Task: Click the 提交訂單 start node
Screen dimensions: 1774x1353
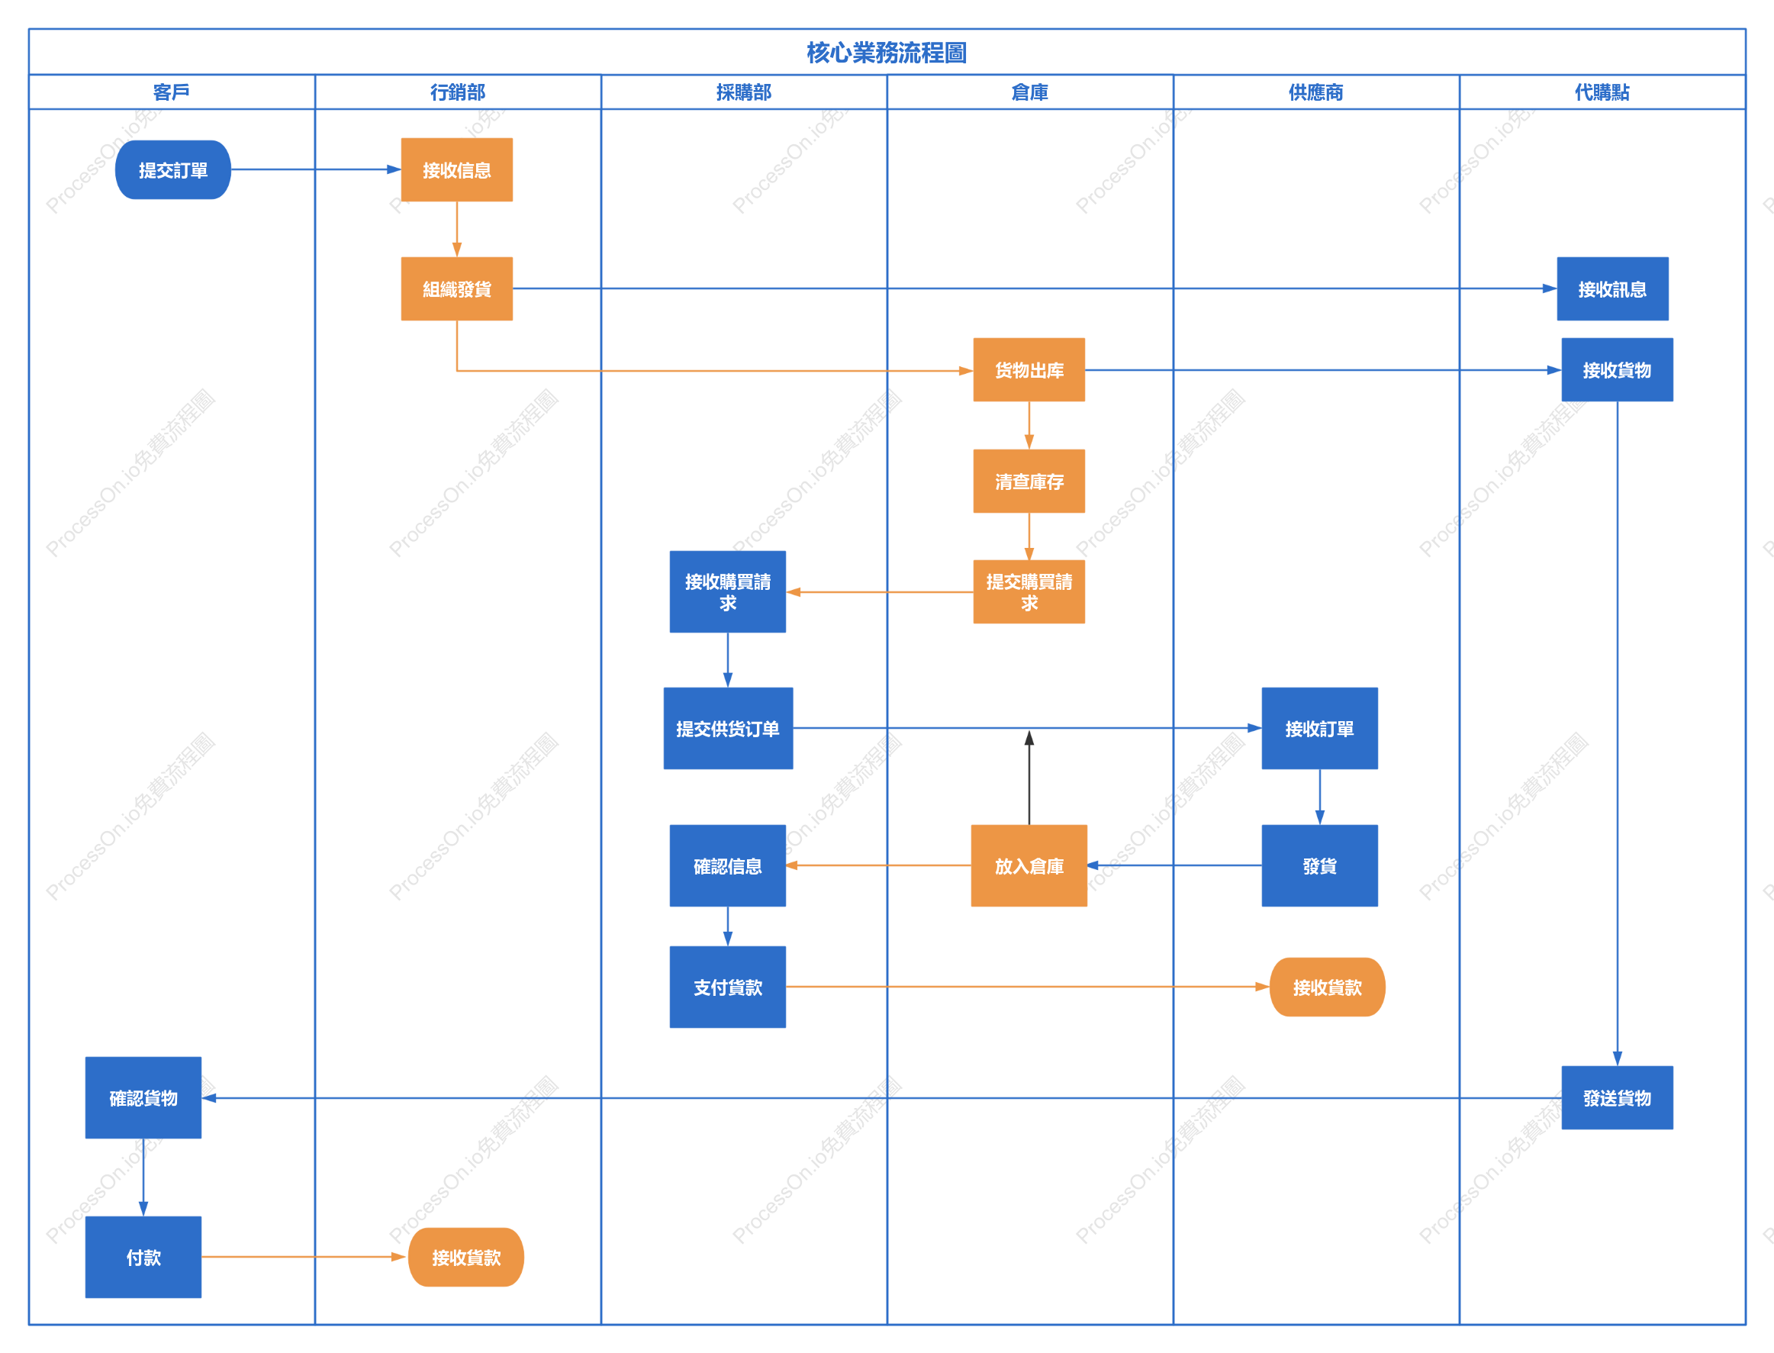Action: [x=173, y=170]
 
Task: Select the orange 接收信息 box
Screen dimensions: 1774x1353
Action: [x=456, y=170]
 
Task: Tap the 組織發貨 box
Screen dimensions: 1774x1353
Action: [x=456, y=289]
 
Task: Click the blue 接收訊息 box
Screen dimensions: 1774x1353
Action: [x=1612, y=289]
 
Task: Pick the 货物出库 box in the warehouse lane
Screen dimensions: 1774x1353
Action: [x=1029, y=369]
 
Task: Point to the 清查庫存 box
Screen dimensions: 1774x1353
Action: [x=1029, y=481]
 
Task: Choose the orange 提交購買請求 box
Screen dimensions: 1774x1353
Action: [x=1029, y=592]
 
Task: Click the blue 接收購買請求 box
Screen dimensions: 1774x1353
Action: [x=728, y=592]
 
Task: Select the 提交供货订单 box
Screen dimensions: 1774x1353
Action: [x=728, y=728]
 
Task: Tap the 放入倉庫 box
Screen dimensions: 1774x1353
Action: [x=1029, y=866]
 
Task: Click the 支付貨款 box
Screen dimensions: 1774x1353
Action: [x=728, y=987]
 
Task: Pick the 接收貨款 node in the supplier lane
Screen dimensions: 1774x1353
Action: [x=1327, y=987]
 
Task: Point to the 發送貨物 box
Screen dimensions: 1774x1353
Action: [x=1617, y=1097]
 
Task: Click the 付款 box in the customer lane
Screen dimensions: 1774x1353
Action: [x=143, y=1257]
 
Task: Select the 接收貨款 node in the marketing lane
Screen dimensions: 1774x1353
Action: [x=466, y=1257]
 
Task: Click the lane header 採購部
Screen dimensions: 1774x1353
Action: [x=744, y=92]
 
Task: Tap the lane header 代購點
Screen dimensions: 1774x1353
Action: [x=1602, y=92]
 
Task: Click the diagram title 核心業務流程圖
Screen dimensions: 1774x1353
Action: [x=887, y=53]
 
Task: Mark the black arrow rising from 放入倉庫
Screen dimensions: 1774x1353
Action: [x=1029, y=777]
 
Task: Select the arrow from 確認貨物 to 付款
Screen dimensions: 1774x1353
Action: [x=143, y=1177]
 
